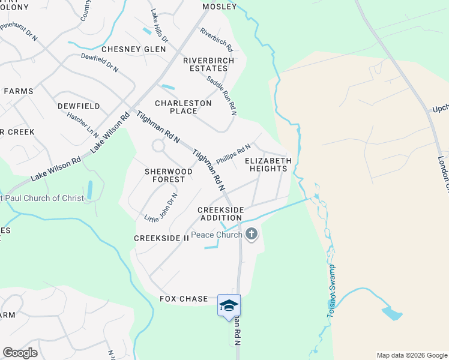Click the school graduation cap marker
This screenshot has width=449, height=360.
pyautogui.click(x=228, y=306)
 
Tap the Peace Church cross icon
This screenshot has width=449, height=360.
pyautogui.click(x=252, y=234)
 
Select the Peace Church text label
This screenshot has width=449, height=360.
pyautogui.click(x=216, y=235)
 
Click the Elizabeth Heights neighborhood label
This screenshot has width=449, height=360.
pyautogui.click(x=268, y=164)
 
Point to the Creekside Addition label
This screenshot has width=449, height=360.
pyautogui.click(x=221, y=213)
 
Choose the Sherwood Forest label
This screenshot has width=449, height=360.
pyautogui.click(x=169, y=175)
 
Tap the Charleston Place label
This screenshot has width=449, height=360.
pyautogui.click(x=184, y=107)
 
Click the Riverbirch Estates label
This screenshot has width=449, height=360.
pyautogui.click(x=205, y=64)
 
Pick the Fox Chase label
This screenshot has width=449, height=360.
pyautogui.click(x=184, y=299)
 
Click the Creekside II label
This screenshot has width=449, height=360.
pyautogui.click(x=161, y=238)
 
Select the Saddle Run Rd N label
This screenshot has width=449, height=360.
pyautogui.click(x=221, y=95)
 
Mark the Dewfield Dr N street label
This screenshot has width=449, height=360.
pyautogui.click(x=100, y=63)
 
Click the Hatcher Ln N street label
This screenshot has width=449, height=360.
pyautogui.click(x=83, y=125)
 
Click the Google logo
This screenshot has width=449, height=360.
pyautogui.click(x=20, y=353)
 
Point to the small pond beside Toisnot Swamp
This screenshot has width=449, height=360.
pyautogui.click(x=391, y=313)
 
